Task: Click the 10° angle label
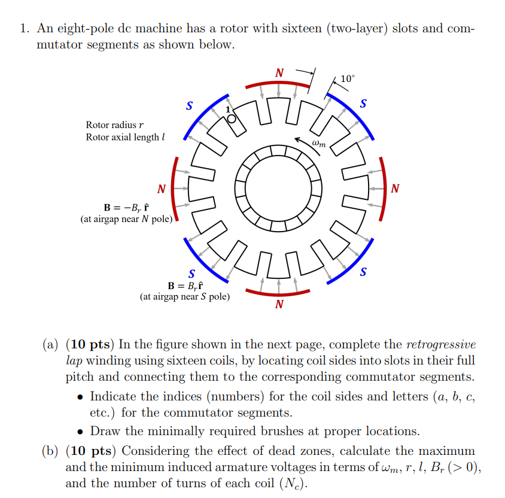348,79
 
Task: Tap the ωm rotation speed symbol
319,142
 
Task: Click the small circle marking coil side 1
232,119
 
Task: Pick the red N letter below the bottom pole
279,304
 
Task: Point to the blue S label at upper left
190,107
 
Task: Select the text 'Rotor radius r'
115,125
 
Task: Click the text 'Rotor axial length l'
124,137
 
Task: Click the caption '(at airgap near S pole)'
184,296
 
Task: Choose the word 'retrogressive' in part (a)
441,345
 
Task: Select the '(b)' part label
52,451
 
